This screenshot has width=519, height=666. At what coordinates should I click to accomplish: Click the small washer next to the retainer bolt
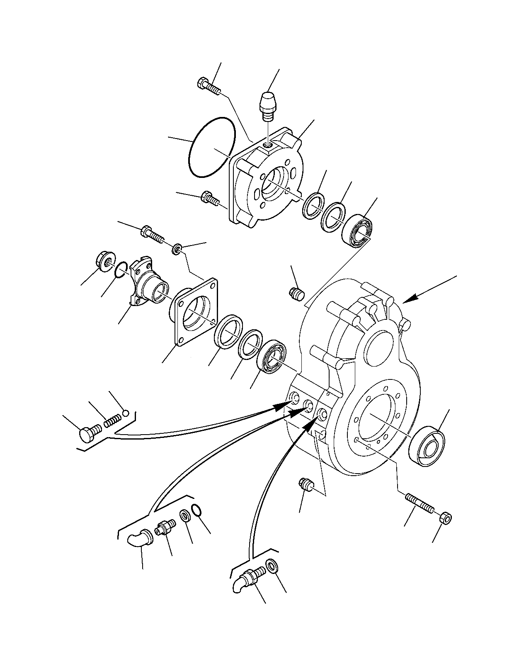pyautogui.click(x=177, y=250)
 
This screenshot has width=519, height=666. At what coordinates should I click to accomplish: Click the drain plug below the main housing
pyautogui.click(x=307, y=484)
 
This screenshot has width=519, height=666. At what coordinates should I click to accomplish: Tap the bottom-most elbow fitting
pyautogui.click(x=247, y=577)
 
